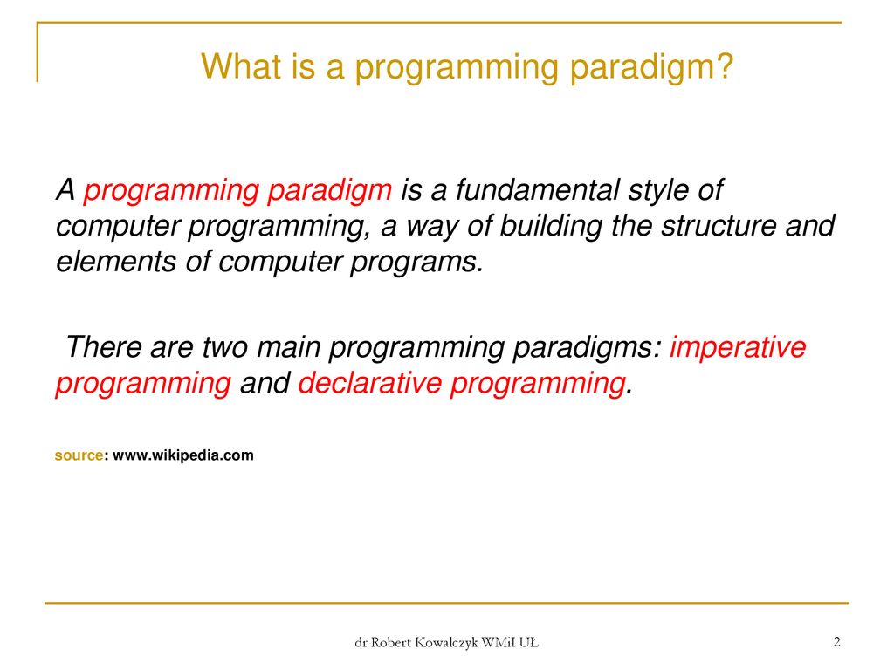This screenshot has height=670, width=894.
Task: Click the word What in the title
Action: click(241, 66)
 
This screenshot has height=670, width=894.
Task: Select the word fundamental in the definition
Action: click(538, 189)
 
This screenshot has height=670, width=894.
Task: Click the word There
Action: click(104, 346)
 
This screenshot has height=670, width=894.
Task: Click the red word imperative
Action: click(738, 347)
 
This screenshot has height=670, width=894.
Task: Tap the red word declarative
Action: click(370, 382)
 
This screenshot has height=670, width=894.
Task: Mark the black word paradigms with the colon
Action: click(587, 347)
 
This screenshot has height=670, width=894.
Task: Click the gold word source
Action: click(79, 455)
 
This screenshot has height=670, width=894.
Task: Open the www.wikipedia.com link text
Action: click(183, 455)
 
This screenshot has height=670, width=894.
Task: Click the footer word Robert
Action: click(391, 643)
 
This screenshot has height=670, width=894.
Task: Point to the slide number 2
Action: click(836, 642)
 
